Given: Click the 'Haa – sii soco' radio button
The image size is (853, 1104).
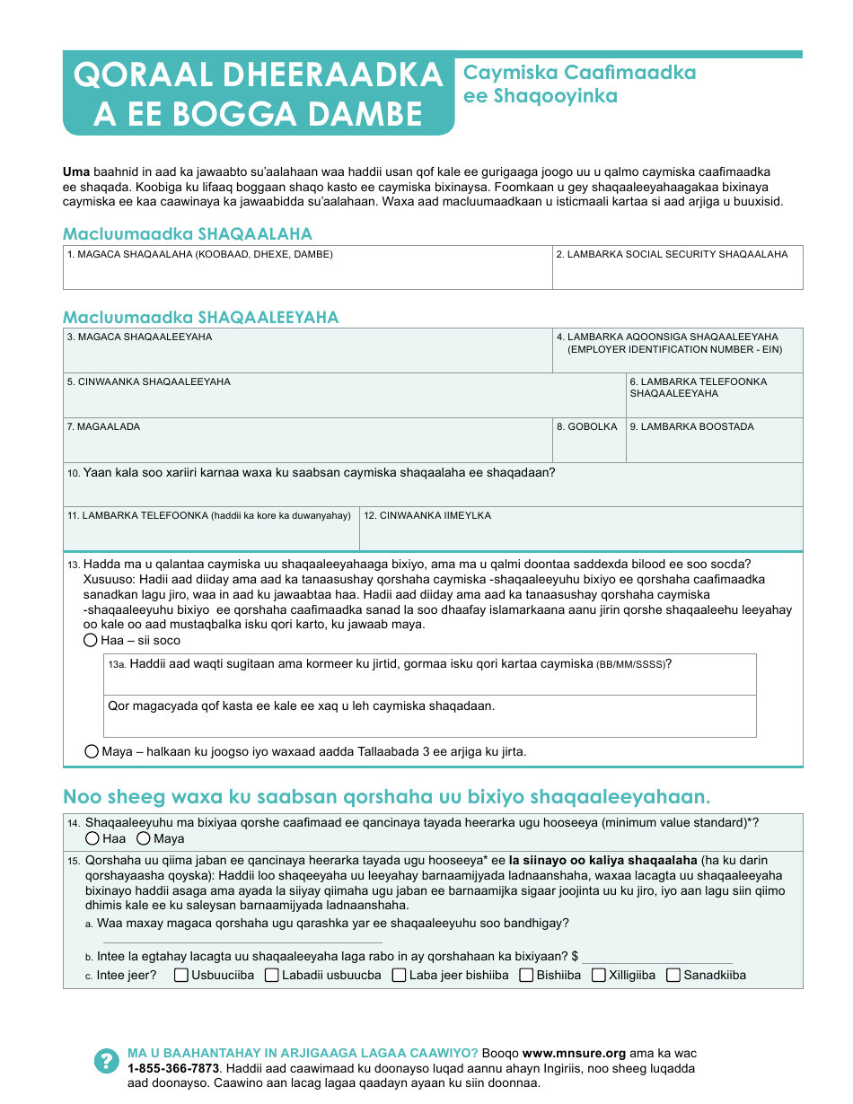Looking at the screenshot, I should point(91,640).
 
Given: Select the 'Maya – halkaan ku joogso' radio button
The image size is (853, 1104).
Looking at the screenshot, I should point(92,751).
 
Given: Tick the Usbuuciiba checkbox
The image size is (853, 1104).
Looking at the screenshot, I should point(181,975).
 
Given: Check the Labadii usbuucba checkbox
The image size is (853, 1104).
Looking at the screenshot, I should point(272,975).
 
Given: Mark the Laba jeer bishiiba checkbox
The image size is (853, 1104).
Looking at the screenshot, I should point(400,975).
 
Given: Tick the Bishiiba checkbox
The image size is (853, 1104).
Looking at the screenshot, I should point(527,975).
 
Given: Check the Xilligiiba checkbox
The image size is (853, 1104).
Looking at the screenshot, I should point(599,975).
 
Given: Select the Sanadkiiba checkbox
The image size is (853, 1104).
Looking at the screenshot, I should point(673,975).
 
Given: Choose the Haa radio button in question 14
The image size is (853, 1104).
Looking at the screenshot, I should point(92,838).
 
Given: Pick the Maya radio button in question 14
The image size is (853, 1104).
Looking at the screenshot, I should point(144,838).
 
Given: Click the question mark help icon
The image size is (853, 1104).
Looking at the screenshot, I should point(106,1060).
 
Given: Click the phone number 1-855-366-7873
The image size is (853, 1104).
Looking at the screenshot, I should point(173,1068).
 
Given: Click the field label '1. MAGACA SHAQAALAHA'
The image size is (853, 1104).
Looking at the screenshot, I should point(199,255).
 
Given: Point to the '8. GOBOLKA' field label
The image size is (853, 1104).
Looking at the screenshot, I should point(587,427).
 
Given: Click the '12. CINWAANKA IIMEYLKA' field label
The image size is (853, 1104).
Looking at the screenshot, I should point(427,516).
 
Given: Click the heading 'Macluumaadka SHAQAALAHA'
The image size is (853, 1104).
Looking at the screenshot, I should point(188,234).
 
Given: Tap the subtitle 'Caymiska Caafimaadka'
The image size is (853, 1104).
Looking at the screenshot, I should point(579,73).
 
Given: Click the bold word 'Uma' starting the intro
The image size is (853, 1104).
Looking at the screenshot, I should point(75,171).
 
